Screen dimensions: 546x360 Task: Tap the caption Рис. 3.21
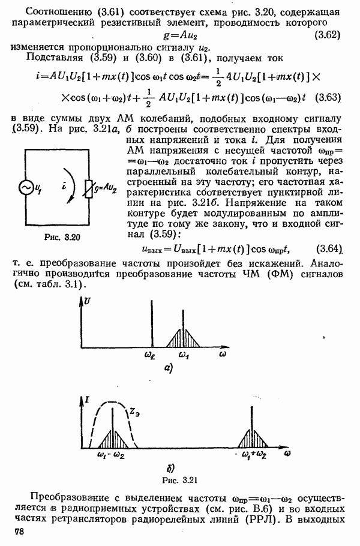coord(179,479)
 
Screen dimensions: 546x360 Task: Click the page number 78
coord(22,533)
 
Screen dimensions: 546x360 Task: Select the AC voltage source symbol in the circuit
coord(27,188)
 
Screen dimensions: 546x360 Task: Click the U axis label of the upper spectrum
coord(89,299)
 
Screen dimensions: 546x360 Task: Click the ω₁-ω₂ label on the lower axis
coord(110,455)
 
